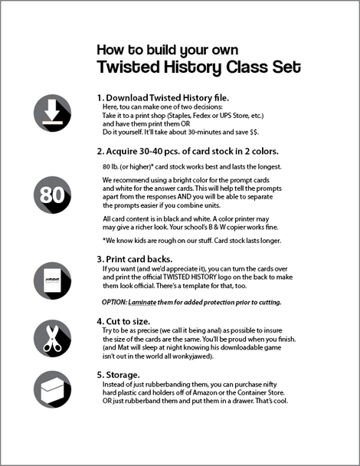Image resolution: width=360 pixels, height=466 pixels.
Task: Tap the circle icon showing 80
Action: pos(53,196)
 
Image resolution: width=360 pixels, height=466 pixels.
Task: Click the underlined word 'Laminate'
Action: pos(149,302)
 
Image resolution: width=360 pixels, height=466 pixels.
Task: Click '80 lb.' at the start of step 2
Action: pos(112,166)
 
